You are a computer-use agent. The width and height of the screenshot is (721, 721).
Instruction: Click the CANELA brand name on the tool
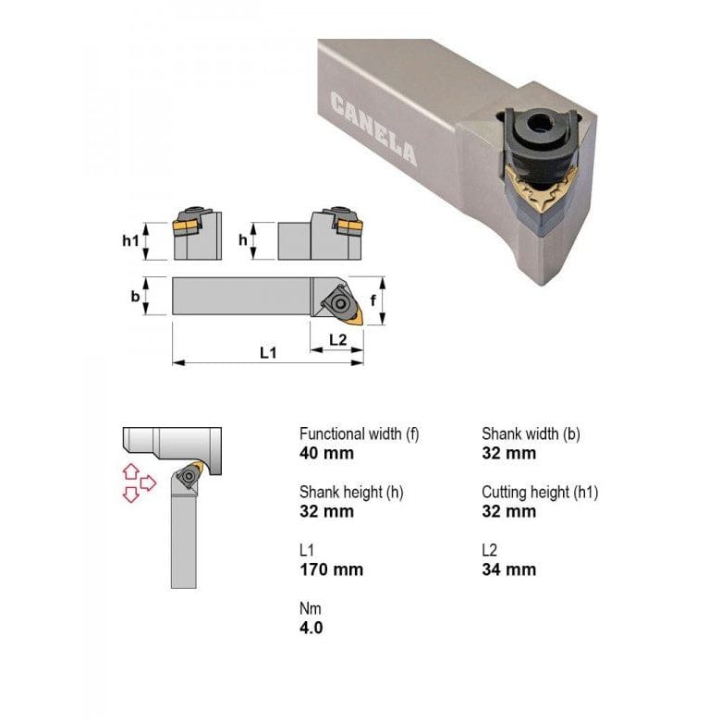pyautogui.click(x=373, y=129)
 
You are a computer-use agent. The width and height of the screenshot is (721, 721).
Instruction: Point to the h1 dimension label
pyautogui.click(x=131, y=239)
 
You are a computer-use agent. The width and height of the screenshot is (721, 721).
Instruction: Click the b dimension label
pyautogui.click(x=135, y=296)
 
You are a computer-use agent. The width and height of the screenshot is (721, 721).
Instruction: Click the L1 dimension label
pyautogui.click(x=268, y=352)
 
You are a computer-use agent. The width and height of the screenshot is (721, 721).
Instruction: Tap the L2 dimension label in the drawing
pyautogui.click(x=338, y=340)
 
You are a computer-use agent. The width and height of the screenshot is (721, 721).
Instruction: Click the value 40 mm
pyautogui.click(x=326, y=453)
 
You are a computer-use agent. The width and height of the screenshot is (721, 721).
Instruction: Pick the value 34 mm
pyautogui.click(x=508, y=569)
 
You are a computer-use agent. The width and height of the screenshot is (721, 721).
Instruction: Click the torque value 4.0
pyautogui.click(x=312, y=628)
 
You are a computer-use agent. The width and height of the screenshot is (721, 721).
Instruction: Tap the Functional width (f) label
pyautogui.click(x=359, y=434)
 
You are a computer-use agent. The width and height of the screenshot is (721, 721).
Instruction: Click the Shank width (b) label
pyautogui.click(x=531, y=434)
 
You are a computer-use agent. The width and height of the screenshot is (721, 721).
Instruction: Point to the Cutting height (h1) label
pyautogui.click(x=540, y=492)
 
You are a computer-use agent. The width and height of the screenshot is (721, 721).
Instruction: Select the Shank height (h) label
pyautogui.click(x=351, y=492)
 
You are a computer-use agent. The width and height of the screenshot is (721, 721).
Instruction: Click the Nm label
pyautogui.click(x=310, y=608)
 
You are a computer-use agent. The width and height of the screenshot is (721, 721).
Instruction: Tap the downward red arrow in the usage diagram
pyautogui.click(x=130, y=495)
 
